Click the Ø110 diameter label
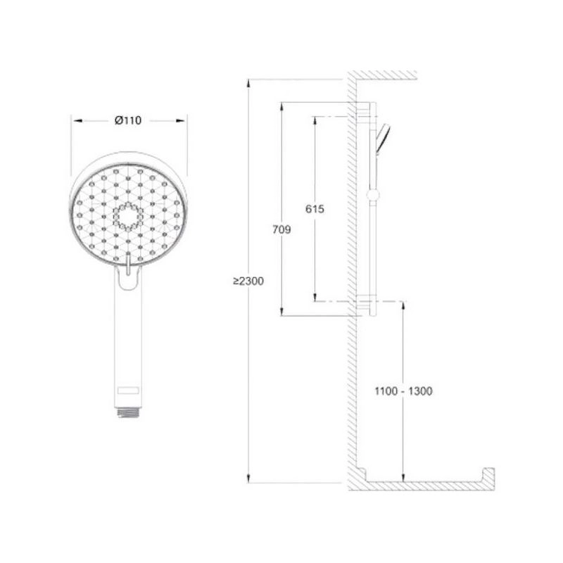(128, 120)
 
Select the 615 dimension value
(315, 208)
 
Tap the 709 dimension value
(281, 229)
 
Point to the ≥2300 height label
(248, 281)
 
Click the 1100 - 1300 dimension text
(403, 391)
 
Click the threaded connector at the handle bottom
(128, 412)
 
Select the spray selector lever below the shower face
(128, 264)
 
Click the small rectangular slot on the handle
(128, 390)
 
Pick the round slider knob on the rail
(373, 195)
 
